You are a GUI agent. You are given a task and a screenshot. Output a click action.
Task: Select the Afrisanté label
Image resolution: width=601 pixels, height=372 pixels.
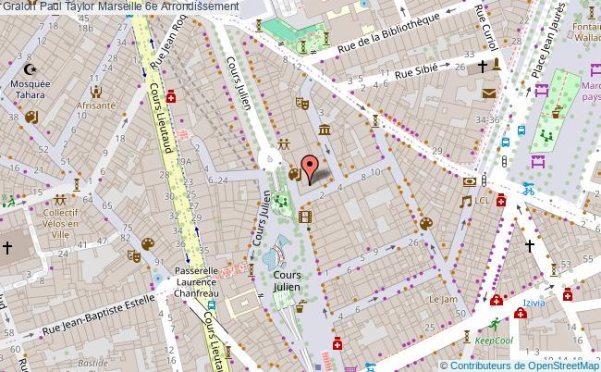point(96,105)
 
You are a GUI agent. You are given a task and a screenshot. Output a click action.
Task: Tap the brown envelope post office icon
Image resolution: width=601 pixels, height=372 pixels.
point(488,92)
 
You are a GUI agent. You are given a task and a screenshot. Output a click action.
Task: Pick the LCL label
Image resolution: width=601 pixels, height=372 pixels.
point(483,200)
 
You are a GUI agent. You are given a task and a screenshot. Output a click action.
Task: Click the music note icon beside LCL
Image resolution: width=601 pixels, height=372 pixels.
point(466,200)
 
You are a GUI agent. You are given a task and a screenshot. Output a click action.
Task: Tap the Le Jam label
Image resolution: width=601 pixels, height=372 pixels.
point(443,299)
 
